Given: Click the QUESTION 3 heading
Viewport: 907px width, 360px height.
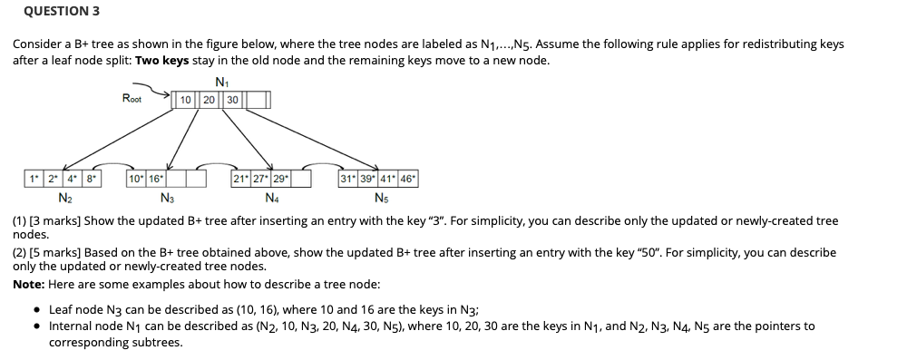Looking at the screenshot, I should coord(62,12).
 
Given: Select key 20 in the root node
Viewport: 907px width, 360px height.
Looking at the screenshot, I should coord(209,100).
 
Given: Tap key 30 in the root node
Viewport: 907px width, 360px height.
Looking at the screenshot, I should coord(232,100).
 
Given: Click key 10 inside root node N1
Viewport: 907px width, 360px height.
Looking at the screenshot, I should coord(186,100).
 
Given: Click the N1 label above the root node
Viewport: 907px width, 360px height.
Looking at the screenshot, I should coord(222,81).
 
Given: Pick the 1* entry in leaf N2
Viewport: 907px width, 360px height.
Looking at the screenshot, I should coord(33,179).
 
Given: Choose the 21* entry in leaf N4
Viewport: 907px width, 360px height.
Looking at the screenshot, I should coord(241,179).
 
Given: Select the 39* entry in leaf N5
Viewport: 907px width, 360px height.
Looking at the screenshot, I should coord(368,179).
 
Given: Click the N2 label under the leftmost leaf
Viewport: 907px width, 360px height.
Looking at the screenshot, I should coord(65,197).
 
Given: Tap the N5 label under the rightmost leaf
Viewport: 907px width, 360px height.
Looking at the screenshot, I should coord(379,197).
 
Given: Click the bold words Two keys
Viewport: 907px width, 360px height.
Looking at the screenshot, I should coord(160,60).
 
